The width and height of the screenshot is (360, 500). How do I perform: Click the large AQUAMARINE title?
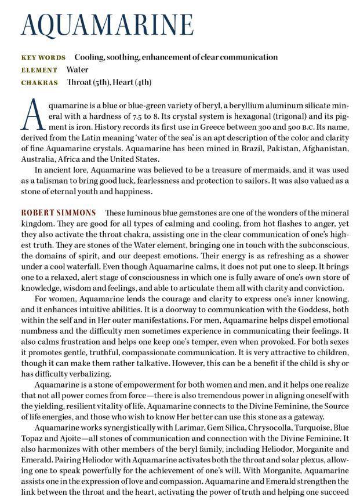(107, 25)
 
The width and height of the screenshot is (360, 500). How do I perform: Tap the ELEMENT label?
(39, 70)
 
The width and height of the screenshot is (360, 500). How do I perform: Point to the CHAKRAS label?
(39, 83)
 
